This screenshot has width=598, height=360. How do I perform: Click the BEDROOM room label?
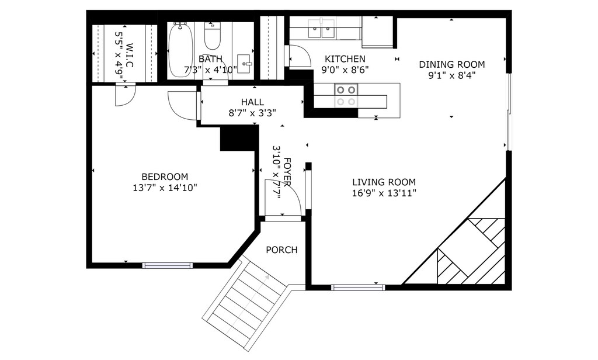[164, 176]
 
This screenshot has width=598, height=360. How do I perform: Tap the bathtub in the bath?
[180, 50]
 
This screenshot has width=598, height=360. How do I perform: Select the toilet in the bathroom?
[213, 36]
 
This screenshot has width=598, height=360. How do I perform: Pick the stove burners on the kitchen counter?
[346, 95]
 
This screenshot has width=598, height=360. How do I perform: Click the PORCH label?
[281, 250]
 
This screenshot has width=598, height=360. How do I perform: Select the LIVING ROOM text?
[384, 182]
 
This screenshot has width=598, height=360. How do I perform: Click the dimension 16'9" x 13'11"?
[384, 193]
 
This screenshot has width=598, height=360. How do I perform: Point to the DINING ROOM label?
[452, 64]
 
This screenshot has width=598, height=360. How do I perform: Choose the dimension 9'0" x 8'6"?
[345, 70]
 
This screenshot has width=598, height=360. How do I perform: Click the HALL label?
[252, 102]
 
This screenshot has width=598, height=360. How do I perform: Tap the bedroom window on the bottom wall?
[168, 265]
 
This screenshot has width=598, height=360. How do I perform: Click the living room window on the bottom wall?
[358, 288]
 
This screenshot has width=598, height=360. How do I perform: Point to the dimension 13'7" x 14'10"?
[164, 188]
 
